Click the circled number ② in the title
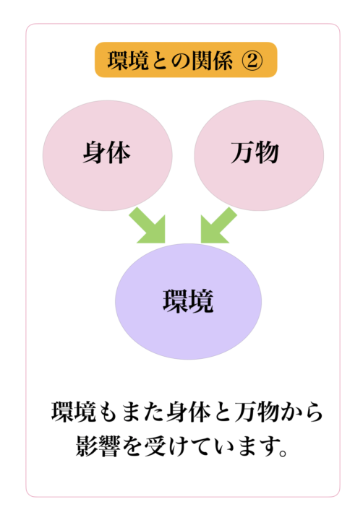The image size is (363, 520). click(x=252, y=61)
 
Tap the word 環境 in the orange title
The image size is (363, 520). click(x=128, y=61)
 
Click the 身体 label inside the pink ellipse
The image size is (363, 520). click(x=106, y=153)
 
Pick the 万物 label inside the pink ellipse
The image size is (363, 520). click(x=255, y=153)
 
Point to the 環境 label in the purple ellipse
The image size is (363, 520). click(x=188, y=301)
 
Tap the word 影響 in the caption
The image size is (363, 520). click(x=98, y=446)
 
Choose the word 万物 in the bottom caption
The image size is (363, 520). click(x=257, y=412)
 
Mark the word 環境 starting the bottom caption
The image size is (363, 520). click(x=74, y=412)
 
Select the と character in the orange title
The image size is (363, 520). click(x=158, y=61)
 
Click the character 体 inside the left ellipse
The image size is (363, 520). click(x=119, y=153)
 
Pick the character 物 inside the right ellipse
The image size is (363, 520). click(x=268, y=153)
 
